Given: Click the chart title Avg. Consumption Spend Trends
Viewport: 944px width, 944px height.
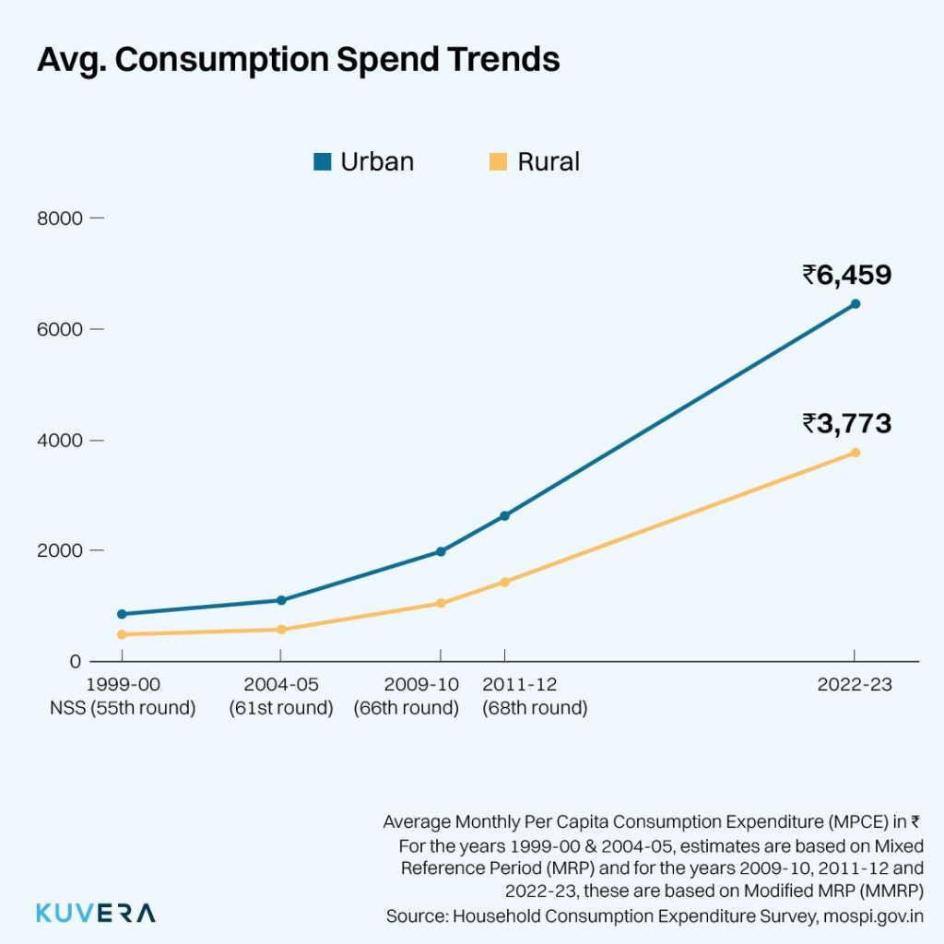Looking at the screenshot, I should (x=298, y=59).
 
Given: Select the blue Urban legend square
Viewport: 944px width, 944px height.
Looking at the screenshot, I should (x=322, y=162).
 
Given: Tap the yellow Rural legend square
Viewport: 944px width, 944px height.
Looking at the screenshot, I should (x=498, y=162).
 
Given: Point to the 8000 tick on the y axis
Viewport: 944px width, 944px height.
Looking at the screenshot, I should (x=61, y=218).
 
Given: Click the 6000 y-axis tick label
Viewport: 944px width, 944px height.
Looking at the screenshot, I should (x=61, y=329).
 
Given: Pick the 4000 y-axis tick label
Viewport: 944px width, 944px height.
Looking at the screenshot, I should (x=61, y=440).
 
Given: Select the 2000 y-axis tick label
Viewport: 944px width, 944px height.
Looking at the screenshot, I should (x=61, y=550).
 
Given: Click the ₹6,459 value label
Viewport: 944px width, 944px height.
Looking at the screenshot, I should (x=846, y=275).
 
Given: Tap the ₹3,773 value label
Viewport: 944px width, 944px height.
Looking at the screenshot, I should (x=846, y=423).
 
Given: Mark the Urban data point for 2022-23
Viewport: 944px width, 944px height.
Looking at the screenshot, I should (x=855, y=303).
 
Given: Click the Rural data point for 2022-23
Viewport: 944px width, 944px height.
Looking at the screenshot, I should (x=855, y=452).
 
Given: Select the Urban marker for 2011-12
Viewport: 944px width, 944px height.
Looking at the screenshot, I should (x=504, y=515).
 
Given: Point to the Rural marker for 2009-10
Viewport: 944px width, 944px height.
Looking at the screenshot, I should (x=441, y=603).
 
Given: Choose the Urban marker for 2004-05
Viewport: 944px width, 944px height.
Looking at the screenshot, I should (x=281, y=600).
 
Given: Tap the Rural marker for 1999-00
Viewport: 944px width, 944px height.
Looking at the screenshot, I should (x=122, y=634).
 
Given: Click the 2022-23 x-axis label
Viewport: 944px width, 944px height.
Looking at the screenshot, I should (x=855, y=685).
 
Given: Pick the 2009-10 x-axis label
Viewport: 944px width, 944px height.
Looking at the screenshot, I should (x=407, y=685).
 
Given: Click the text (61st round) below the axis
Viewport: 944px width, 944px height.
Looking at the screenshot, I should (x=281, y=708).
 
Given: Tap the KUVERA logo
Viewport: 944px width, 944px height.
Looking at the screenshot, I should (x=96, y=913).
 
